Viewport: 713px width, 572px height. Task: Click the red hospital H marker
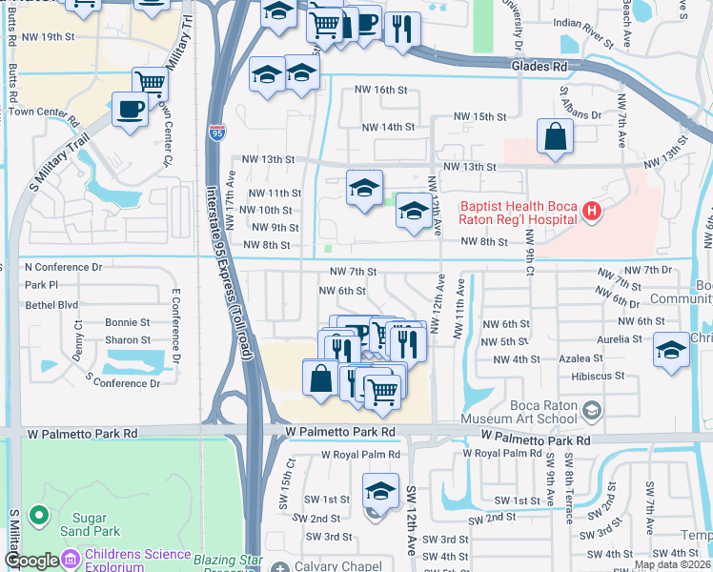click(592, 211)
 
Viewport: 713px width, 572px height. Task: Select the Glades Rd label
click(539, 67)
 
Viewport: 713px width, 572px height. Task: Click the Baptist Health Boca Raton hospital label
click(519, 211)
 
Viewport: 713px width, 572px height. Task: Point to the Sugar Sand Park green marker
click(39, 516)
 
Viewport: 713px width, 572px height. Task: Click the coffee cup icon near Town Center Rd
click(130, 109)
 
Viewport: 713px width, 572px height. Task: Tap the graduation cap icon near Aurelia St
click(672, 350)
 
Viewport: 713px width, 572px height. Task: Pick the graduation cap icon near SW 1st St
click(379, 492)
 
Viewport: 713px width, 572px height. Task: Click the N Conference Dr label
click(63, 267)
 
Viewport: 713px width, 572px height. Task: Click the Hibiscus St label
click(600, 376)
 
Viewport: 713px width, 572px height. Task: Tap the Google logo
click(31, 561)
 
